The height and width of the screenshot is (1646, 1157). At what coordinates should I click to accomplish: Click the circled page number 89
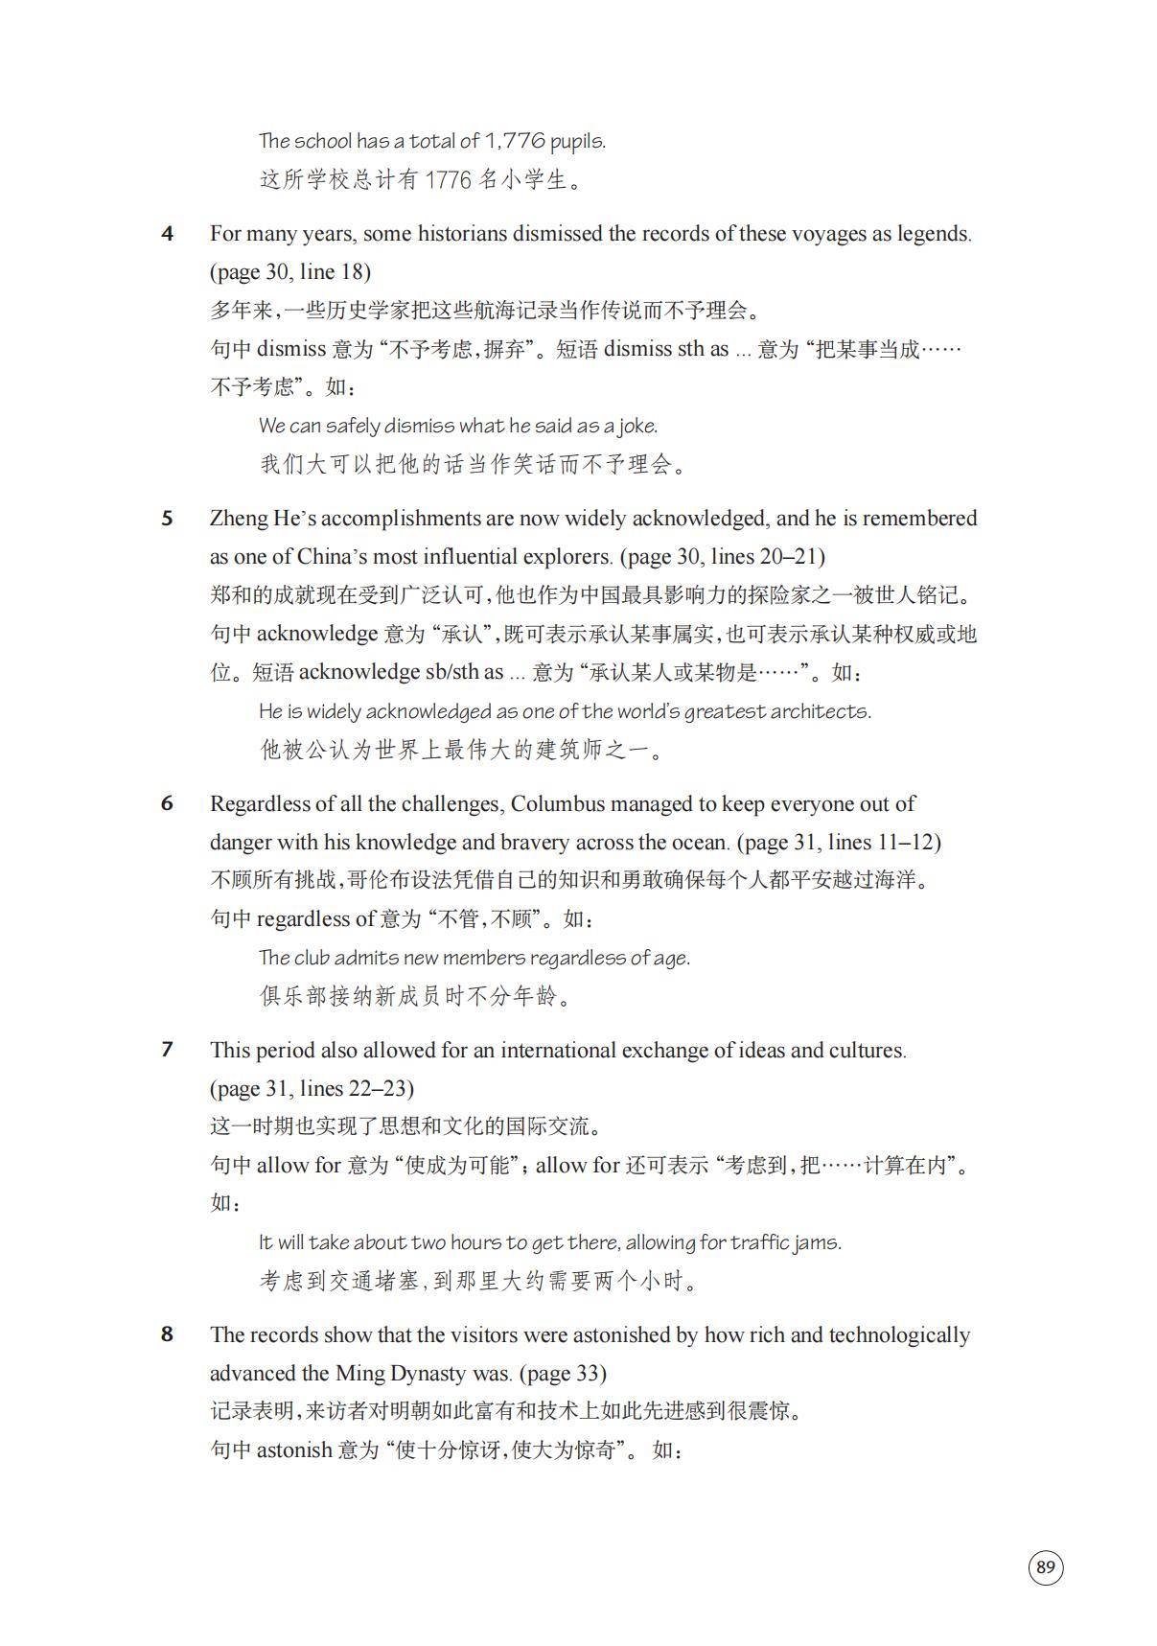click(x=1045, y=1567)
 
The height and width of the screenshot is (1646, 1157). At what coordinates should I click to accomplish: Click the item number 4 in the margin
click(x=167, y=234)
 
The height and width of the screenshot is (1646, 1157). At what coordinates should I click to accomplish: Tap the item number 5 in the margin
click(x=167, y=519)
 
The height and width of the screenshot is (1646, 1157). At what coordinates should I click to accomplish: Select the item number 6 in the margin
click(x=167, y=803)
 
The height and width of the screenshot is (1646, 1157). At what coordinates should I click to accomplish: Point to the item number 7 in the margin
click(x=167, y=1050)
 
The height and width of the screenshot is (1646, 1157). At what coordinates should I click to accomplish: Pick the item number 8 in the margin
click(x=167, y=1334)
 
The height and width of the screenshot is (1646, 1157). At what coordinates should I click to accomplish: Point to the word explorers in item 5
click(x=567, y=557)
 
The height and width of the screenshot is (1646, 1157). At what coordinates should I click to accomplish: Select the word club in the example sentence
click(x=312, y=958)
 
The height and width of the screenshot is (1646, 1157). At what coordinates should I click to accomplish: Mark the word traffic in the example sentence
click(x=763, y=1242)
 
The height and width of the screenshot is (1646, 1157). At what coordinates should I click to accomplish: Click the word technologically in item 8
click(x=898, y=1334)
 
